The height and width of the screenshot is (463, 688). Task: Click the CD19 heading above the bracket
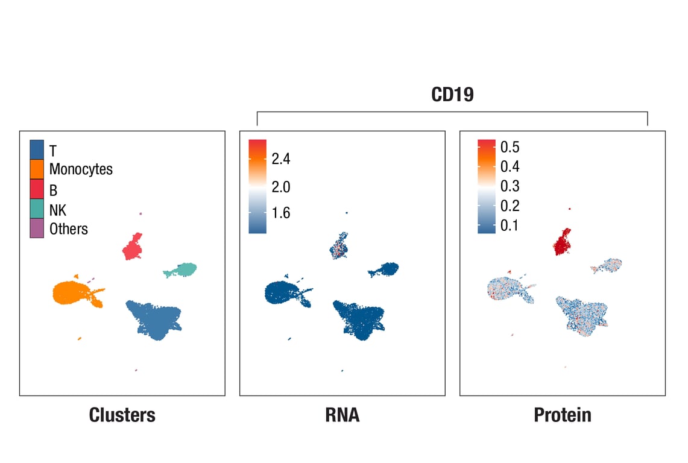pyautogui.click(x=452, y=95)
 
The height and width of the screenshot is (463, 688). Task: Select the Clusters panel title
pyautogui.click(x=122, y=415)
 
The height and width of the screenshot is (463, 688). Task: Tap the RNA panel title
pyautogui.click(x=342, y=415)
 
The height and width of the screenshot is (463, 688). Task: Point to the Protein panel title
pyautogui.click(x=562, y=415)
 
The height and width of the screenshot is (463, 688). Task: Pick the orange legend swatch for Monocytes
pyautogui.click(x=37, y=169)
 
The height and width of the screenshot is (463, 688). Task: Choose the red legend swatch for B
pyautogui.click(x=37, y=189)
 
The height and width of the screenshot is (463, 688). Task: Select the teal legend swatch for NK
pyautogui.click(x=37, y=209)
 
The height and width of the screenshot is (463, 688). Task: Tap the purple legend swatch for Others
pyautogui.click(x=37, y=228)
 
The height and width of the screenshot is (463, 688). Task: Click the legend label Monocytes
pyautogui.click(x=81, y=169)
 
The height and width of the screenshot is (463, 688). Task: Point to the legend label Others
pyautogui.click(x=69, y=229)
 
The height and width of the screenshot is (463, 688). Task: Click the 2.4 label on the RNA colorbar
pyautogui.click(x=280, y=159)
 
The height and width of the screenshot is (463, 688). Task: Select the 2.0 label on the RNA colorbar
pyautogui.click(x=280, y=187)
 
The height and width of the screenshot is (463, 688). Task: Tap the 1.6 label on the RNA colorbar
pyautogui.click(x=280, y=213)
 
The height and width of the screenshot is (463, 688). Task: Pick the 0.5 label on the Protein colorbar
pyautogui.click(x=510, y=148)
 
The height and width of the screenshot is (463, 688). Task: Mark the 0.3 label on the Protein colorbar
pyautogui.click(x=510, y=186)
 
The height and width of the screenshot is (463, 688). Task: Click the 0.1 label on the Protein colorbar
pyautogui.click(x=510, y=226)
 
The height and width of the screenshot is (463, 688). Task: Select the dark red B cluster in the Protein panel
pyautogui.click(x=561, y=242)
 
